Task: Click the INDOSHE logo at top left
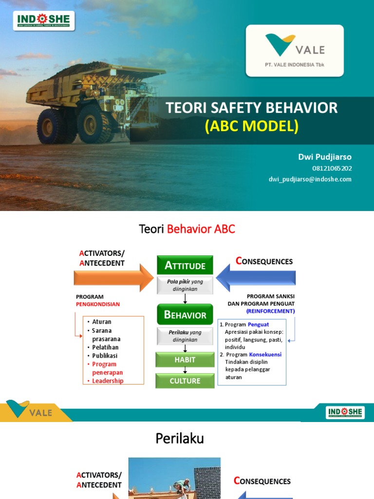(44, 20)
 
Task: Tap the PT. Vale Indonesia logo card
(295, 51)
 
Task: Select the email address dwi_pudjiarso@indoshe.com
(310, 179)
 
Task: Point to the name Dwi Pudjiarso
(325, 157)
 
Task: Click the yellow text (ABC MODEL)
(251, 126)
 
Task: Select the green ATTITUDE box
(185, 265)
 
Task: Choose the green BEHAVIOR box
(185, 314)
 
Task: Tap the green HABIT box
(185, 360)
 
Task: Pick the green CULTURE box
(185, 381)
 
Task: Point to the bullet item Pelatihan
(105, 347)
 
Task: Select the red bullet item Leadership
(108, 381)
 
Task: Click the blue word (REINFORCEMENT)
(270, 311)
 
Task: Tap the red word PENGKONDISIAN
(97, 305)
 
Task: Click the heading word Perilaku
(180, 439)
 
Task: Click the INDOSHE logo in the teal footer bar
(345, 412)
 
